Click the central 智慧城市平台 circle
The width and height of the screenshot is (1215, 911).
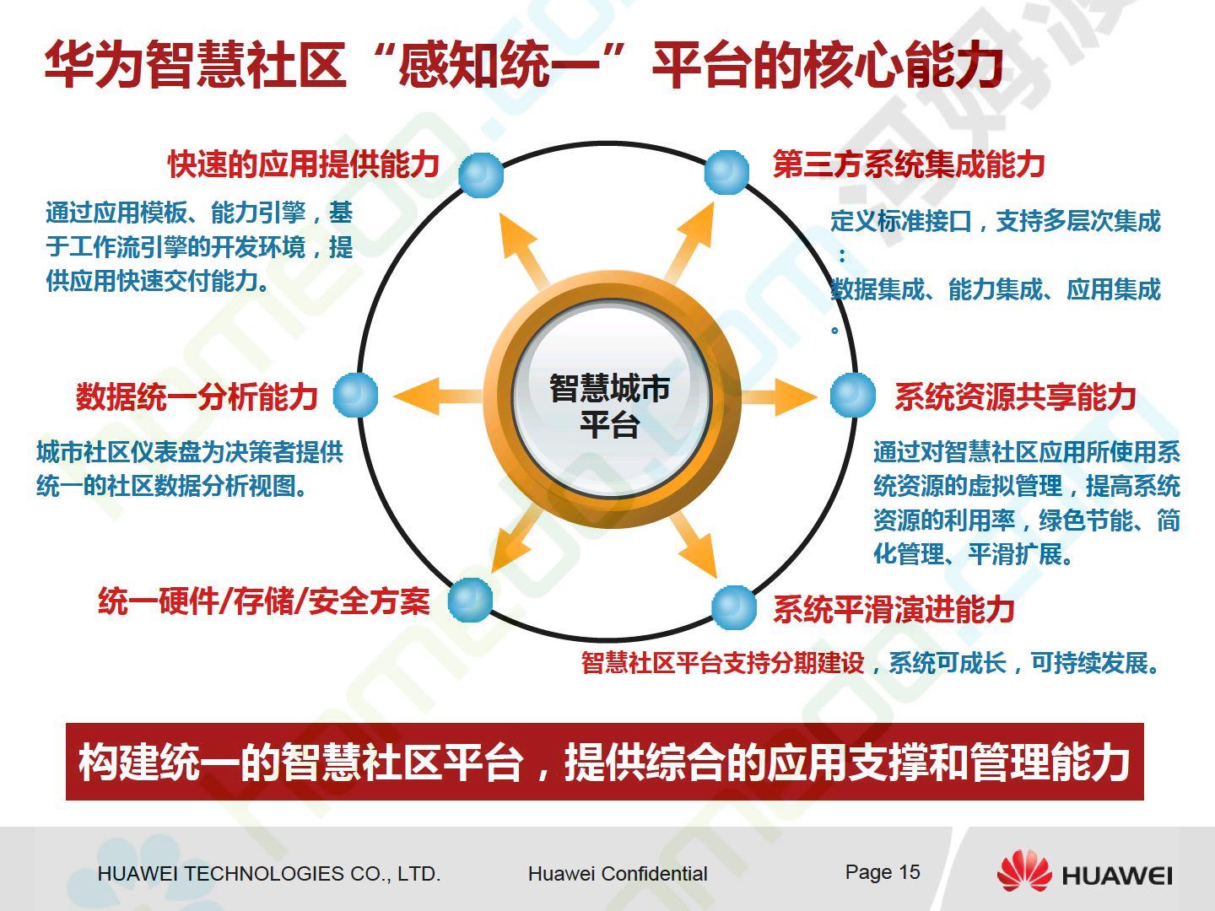[611, 399]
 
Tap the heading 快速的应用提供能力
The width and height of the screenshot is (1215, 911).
[304, 164]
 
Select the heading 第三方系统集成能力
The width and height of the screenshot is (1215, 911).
[909, 164]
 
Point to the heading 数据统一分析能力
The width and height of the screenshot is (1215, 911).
[197, 396]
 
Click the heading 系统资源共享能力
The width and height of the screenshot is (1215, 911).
[1015, 396]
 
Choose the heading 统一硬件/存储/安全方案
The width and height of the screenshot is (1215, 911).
[264, 601]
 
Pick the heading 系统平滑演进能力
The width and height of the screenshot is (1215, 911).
[894, 609]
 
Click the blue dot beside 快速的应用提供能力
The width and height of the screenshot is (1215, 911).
[481, 175]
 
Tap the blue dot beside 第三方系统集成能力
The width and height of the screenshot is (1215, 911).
[726, 172]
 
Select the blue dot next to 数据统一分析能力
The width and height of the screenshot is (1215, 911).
[355, 395]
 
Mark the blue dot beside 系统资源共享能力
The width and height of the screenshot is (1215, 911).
[853, 395]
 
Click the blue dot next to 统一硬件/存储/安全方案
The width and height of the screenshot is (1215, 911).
[470, 600]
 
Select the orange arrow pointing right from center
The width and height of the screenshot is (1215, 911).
[778, 396]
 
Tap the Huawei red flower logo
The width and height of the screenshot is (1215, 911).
[1024, 871]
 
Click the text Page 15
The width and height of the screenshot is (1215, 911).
[883, 872]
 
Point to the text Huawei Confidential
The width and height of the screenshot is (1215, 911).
[618, 873]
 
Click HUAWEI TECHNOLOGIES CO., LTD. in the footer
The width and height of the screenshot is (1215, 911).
[269, 874]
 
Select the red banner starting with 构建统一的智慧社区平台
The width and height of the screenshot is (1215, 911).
[604, 762]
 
